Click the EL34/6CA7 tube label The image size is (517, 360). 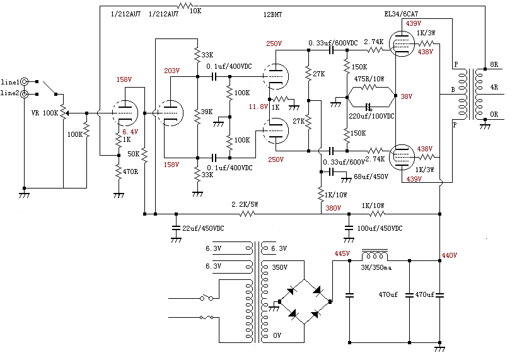(405, 13)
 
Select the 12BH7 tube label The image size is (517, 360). (274, 13)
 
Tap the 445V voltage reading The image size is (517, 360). (342, 253)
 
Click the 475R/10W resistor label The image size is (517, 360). (369, 79)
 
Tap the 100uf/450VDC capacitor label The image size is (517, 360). (380, 228)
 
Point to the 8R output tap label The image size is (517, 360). (494, 65)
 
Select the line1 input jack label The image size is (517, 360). (9, 83)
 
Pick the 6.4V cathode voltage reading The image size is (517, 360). (131, 132)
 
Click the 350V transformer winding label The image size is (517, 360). (279, 267)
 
